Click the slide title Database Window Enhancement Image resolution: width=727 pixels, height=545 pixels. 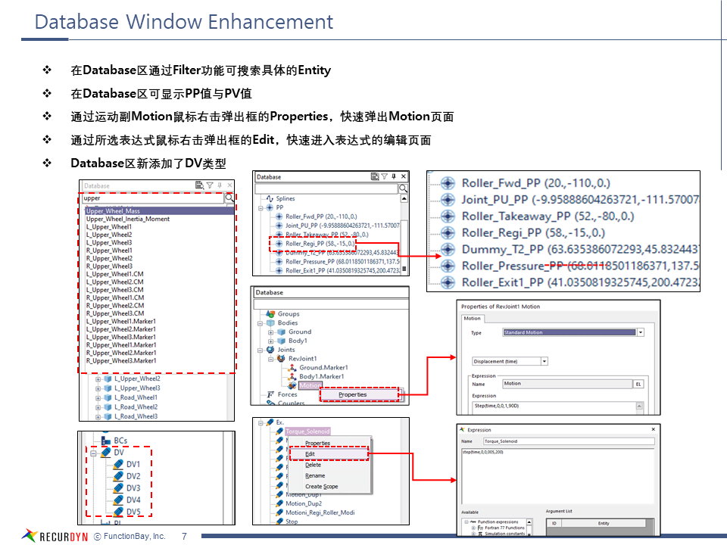pyautogui.click(x=184, y=22)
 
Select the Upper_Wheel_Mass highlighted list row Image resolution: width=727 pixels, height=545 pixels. pyautogui.click(x=113, y=211)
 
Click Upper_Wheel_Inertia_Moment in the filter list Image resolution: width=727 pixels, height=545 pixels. pyautogui.click(x=128, y=219)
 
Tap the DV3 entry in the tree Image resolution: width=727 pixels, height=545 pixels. pyautogui.click(x=133, y=488)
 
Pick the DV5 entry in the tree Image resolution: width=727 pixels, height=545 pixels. pyautogui.click(x=133, y=512)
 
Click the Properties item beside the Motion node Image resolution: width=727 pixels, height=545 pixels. pyautogui.click(x=353, y=394)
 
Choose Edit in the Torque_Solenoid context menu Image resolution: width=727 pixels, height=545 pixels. pyautogui.click(x=310, y=454)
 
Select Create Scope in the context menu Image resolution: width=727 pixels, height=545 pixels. pyautogui.click(x=321, y=487)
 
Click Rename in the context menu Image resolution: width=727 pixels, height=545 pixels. pyautogui.click(x=315, y=475)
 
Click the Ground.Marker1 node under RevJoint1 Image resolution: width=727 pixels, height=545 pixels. pyautogui.click(x=321, y=367)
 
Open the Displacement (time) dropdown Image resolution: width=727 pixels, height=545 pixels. pyautogui.click(x=509, y=362)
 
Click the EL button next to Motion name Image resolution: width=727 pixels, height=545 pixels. pyautogui.click(x=638, y=384)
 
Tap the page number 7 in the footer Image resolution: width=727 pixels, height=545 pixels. pyautogui.click(x=184, y=536)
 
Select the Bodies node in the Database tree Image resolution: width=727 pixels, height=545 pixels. pyautogui.click(x=287, y=322)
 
